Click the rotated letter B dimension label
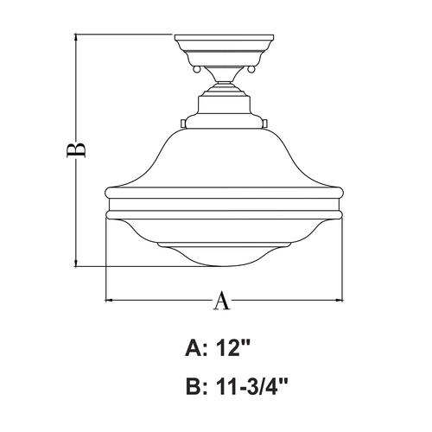[x=76, y=149]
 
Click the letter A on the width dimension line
[x=222, y=301]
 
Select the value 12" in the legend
[x=232, y=347]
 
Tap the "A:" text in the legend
[x=196, y=347]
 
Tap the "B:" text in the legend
[x=197, y=386]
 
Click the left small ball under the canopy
[x=196, y=69]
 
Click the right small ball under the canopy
[x=251, y=69]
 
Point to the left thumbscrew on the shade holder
[x=183, y=124]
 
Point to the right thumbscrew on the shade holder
[x=265, y=124]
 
